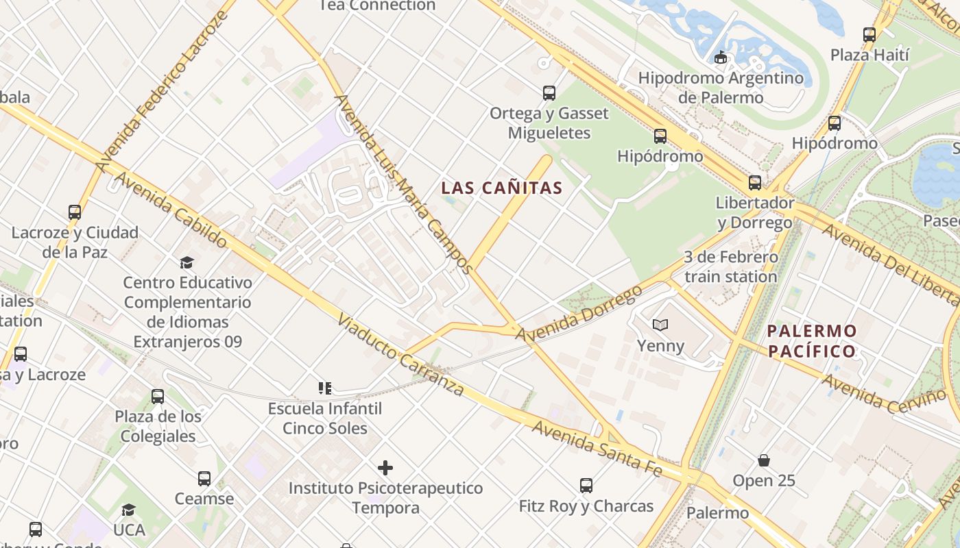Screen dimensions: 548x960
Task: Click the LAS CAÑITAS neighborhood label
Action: pyautogui.click(x=501, y=188)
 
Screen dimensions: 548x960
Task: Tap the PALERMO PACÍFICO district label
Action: pyautogui.click(x=812, y=341)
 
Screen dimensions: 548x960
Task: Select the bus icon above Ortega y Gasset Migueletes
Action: pyautogui.click(x=549, y=93)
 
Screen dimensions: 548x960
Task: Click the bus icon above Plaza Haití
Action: pyautogui.click(x=869, y=34)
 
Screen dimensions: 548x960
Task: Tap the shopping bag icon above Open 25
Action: pyautogui.click(x=764, y=460)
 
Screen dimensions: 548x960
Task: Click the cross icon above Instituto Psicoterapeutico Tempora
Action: pyautogui.click(x=385, y=468)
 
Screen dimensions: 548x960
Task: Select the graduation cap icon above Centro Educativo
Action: pyautogui.click(x=187, y=262)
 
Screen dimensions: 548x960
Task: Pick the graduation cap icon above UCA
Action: pyautogui.click(x=128, y=510)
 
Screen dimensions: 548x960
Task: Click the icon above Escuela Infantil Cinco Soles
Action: pyautogui.click(x=325, y=389)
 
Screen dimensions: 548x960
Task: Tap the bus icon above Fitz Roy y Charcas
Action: pyautogui.click(x=586, y=486)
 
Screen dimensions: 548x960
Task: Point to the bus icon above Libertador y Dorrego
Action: pyautogui.click(x=755, y=183)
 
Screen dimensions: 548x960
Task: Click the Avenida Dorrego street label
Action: pyautogui.click(x=579, y=314)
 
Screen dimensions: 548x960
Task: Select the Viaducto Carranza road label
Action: pyautogui.click(x=402, y=357)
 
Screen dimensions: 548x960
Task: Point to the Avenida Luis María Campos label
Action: pyautogui.click(x=404, y=184)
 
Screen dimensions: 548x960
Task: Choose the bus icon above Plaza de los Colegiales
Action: pyautogui.click(x=158, y=396)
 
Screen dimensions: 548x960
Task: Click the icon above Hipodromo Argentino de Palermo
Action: pyautogui.click(x=720, y=58)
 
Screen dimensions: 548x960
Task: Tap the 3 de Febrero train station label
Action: pyautogui.click(x=731, y=267)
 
